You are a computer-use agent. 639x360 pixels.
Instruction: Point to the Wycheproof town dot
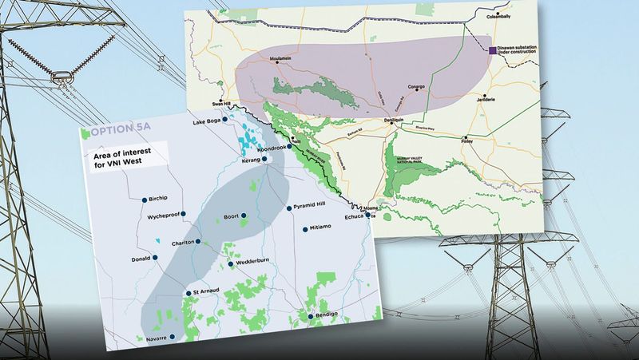(183, 214)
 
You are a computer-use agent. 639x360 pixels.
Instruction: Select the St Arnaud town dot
(188, 292)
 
